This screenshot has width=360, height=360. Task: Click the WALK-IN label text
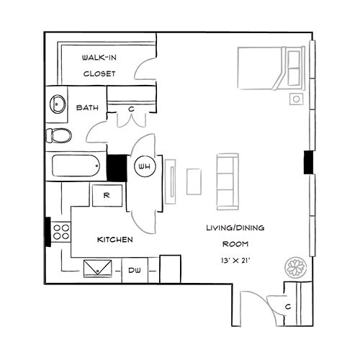(99, 58)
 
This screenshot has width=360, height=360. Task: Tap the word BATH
(87, 107)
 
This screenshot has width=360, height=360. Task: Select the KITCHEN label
(115, 240)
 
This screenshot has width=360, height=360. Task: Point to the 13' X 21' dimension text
(235, 261)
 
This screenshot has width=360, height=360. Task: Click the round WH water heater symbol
(145, 166)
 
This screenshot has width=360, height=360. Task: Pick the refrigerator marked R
(107, 195)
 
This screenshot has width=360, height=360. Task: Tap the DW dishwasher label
(135, 271)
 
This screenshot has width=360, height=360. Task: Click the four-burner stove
(61, 232)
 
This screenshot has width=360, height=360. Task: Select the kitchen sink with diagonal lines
(98, 269)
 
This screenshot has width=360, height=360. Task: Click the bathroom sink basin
(58, 104)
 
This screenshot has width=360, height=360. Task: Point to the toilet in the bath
(58, 135)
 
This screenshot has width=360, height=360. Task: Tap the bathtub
(76, 166)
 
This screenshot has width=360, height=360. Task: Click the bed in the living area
(271, 68)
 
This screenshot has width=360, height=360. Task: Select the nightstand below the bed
(297, 99)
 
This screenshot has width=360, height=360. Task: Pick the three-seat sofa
(228, 181)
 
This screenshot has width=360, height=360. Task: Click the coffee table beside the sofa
(194, 181)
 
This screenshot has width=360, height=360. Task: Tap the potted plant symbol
(296, 267)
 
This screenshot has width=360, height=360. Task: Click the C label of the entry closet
(288, 307)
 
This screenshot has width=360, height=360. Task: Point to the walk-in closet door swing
(145, 69)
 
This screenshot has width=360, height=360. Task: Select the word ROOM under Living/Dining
(235, 244)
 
